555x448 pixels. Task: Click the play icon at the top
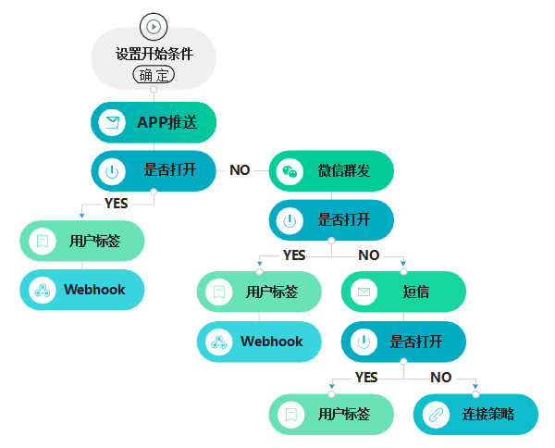tap(154, 26)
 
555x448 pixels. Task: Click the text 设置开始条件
tap(154, 54)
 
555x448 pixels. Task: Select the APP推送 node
tap(154, 122)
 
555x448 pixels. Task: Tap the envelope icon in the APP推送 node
tap(112, 122)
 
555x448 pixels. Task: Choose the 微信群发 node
tap(331, 170)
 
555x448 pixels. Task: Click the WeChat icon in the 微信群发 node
tap(290, 171)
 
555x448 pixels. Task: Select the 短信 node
tap(403, 292)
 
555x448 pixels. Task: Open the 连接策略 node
tap(475, 414)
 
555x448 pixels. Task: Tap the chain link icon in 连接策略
tap(435, 415)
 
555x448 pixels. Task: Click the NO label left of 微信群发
tap(240, 170)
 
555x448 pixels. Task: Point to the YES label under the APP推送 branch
tap(117, 203)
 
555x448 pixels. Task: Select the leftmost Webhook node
tap(82, 290)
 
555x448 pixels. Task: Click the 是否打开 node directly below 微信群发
tap(331, 219)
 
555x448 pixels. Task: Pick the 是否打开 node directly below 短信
tap(403, 342)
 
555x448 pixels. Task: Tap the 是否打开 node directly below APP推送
tap(154, 170)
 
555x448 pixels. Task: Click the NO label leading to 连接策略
tap(440, 378)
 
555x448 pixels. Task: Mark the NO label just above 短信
tap(368, 255)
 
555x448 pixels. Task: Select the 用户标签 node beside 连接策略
tap(331, 414)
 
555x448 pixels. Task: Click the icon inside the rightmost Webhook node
tap(218, 342)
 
